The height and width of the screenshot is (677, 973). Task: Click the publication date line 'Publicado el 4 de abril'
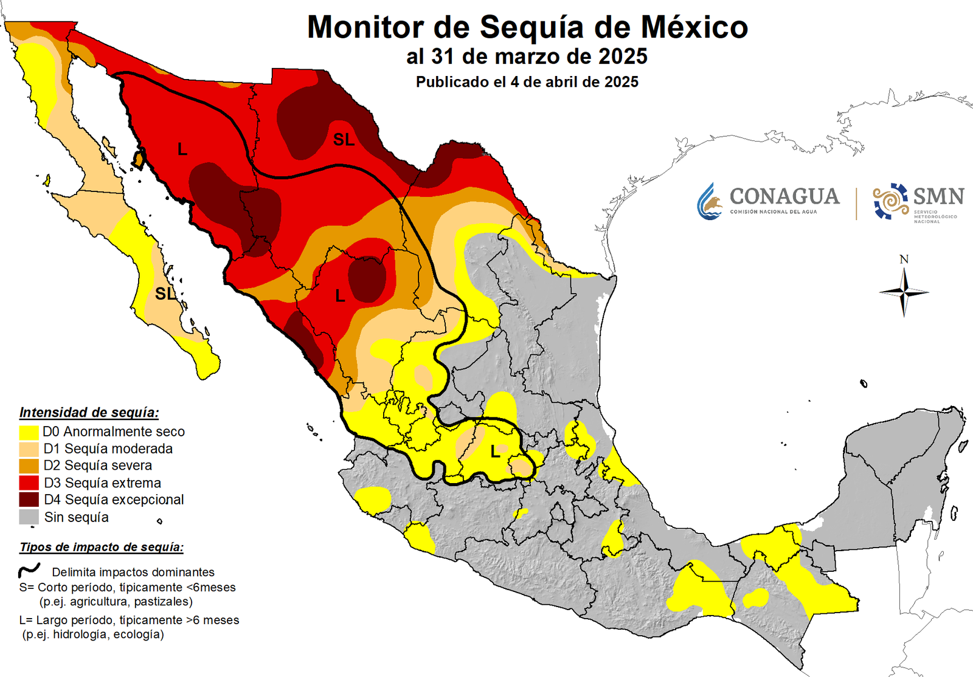527,82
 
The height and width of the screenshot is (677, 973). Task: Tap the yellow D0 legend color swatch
29,432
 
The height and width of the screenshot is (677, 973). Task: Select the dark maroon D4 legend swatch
29,500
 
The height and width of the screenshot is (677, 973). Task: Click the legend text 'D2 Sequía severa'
97,466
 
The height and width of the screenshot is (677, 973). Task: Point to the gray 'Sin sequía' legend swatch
29,517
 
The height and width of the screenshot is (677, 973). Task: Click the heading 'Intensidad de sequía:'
89,413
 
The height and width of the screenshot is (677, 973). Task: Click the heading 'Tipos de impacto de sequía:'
101,547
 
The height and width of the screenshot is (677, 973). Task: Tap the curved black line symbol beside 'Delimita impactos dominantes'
29,570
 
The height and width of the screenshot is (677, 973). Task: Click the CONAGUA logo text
784,197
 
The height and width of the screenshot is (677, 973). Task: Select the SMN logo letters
938,196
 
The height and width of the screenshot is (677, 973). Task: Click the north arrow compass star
904,292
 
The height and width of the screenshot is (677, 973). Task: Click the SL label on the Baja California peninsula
165,294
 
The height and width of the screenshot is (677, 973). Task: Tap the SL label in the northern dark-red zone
344,140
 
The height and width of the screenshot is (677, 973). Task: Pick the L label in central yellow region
496,452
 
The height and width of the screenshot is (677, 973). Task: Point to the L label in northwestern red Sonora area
182,149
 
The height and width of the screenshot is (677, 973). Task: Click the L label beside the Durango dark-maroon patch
340,296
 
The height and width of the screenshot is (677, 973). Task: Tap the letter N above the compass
904,259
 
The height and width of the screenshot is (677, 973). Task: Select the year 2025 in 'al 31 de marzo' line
623,57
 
